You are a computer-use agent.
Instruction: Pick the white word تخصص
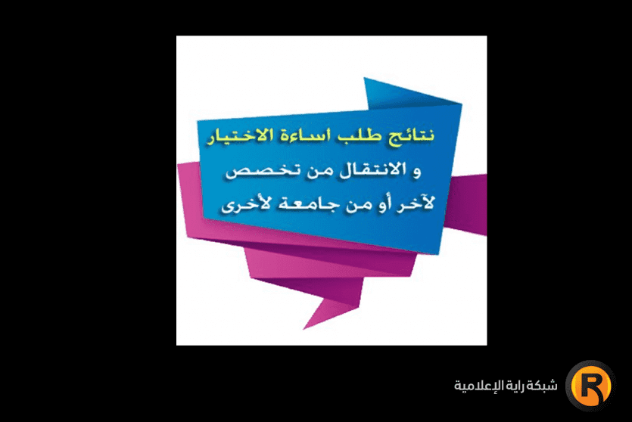(x=254, y=173)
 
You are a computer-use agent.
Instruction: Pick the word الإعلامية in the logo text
(x=475, y=386)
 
